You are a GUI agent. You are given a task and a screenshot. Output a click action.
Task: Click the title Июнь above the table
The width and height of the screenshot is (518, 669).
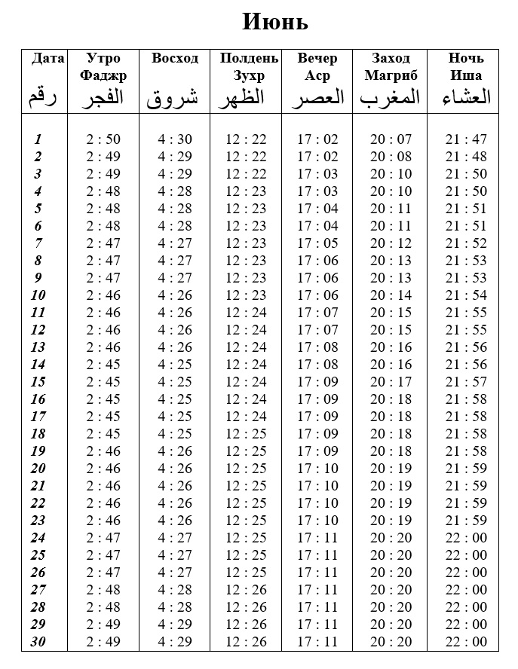275,22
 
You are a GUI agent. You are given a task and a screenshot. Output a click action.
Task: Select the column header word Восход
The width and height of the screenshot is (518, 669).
175,58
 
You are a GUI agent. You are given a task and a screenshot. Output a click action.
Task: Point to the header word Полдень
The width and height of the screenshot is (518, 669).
249,58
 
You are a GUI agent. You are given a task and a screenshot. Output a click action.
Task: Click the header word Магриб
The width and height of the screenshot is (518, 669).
391,75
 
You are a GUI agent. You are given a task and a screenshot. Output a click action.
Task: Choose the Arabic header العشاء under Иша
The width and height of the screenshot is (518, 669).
465,97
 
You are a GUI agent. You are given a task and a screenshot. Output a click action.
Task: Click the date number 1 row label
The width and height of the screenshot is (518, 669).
38,139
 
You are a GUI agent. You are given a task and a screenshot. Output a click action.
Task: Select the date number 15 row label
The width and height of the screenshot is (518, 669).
38,382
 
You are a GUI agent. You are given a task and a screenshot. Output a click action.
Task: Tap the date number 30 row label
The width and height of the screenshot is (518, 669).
38,642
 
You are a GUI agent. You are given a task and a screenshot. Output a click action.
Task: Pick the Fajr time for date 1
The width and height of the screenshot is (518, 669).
103,139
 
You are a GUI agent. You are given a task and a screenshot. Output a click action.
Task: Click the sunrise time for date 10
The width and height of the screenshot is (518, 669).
175,295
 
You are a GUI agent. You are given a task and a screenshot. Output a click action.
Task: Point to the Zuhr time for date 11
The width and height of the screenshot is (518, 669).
247,313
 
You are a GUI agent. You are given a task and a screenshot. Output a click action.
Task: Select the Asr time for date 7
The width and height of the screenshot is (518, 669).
317,243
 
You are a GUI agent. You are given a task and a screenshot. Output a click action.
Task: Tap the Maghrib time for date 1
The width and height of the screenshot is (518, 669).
391,139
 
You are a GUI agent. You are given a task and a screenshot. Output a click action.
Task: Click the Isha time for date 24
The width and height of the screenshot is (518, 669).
466,538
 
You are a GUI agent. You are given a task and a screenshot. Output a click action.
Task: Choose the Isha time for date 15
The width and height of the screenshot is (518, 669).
466,382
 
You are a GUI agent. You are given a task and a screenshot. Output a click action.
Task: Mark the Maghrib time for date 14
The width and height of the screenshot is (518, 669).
391,365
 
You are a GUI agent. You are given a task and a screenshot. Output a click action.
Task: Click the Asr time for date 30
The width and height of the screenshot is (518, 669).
317,642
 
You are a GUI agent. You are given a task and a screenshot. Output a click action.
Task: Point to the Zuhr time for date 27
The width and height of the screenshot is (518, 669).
247,590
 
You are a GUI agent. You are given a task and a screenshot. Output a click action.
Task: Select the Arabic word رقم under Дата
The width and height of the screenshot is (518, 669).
42,97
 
